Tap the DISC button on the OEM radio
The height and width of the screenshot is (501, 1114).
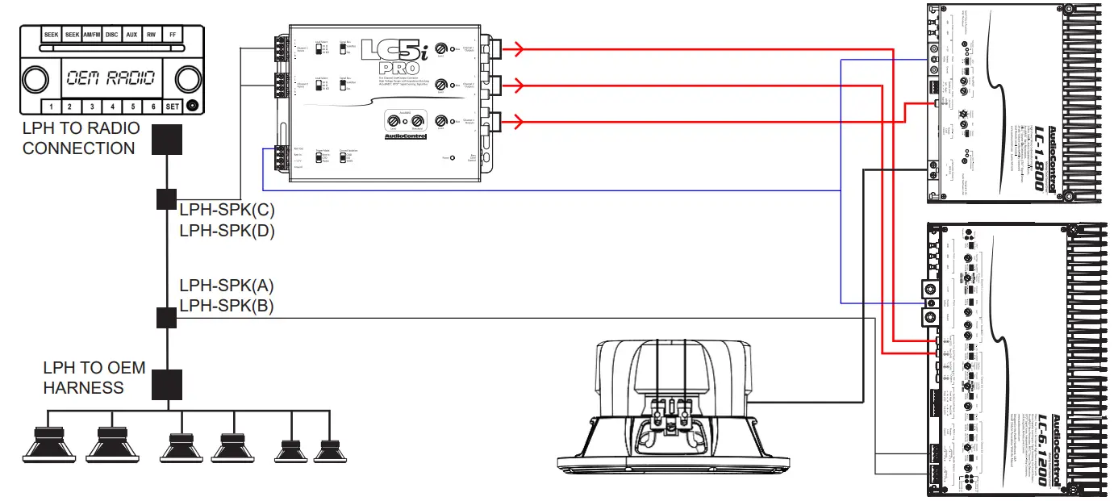point(111,35)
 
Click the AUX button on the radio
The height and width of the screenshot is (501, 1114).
point(132,35)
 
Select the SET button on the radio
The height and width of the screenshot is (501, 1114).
point(173,106)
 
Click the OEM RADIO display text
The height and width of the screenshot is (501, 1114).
point(111,79)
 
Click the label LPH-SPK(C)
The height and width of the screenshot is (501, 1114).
point(227,211)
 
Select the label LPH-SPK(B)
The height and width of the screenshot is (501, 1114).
point(227,306)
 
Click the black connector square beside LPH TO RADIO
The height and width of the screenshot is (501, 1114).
point(167,140)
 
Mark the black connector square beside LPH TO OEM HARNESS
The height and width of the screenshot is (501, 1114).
point(167,385)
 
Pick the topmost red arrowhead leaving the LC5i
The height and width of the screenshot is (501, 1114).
point(519,50)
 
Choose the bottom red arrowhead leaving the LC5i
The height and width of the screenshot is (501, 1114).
point(519,122)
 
